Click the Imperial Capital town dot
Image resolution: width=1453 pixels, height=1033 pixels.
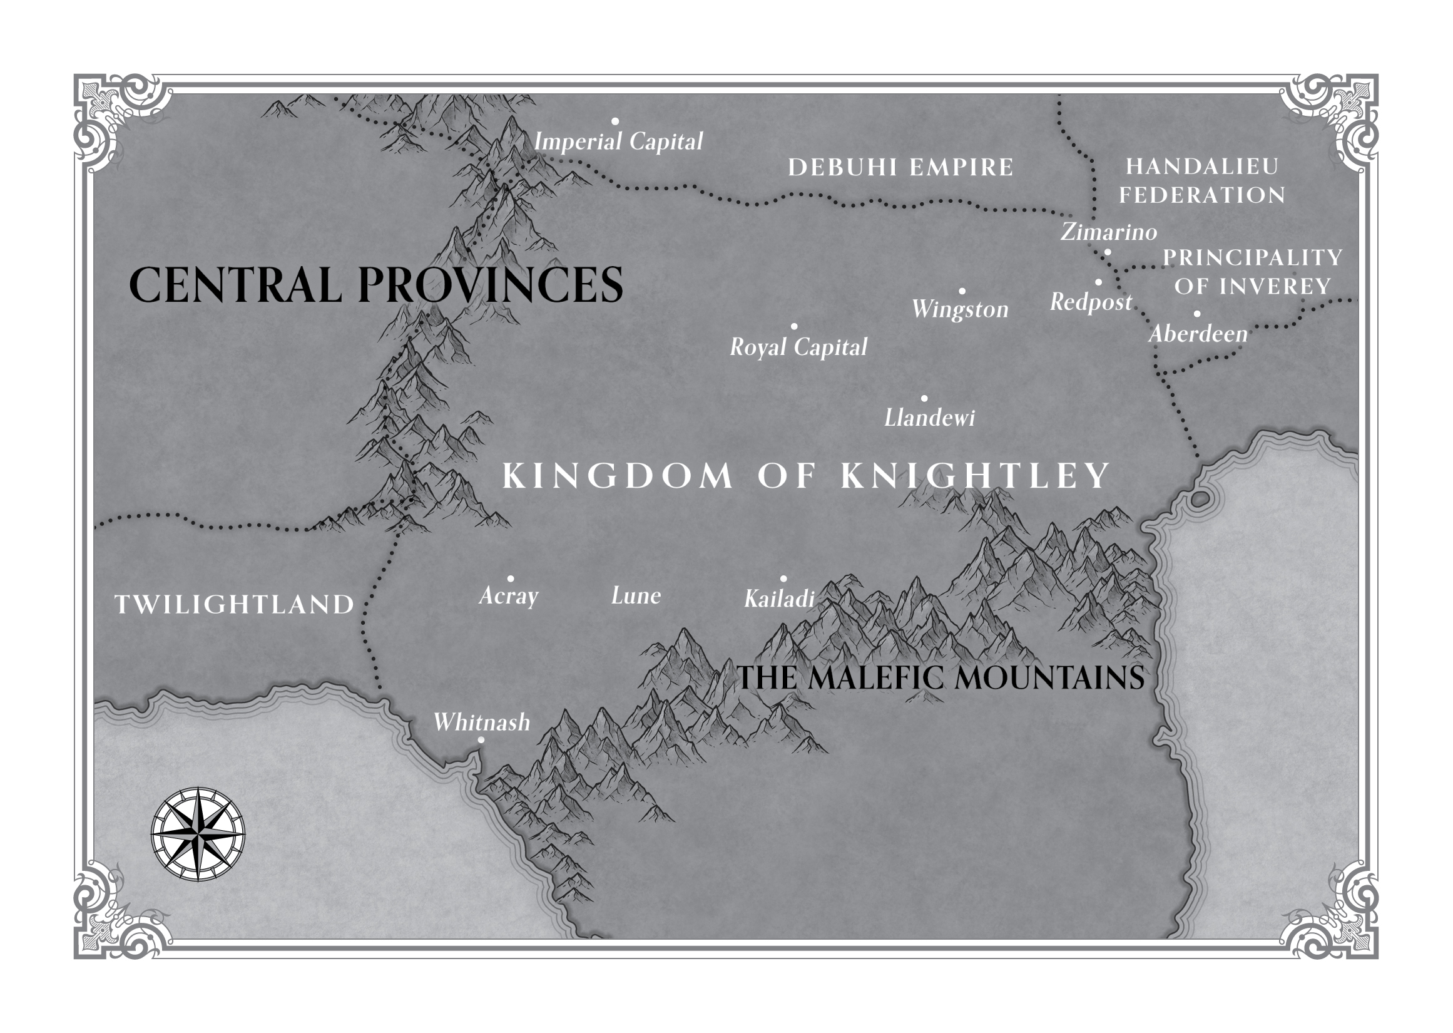(x=614, y=121)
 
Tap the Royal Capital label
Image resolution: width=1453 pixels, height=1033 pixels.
(x=798, y=347)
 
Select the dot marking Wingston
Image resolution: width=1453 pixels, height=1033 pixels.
(x=962, y=291)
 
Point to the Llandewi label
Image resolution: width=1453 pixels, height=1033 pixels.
(x=929, y=418)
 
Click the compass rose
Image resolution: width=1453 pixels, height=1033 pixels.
(x=198, y=834)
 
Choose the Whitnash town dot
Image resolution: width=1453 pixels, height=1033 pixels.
(x=481, y=740)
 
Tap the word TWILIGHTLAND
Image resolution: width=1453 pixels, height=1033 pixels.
(x=234, y=604)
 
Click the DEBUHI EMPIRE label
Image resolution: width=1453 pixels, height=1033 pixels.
(x=900, y=167)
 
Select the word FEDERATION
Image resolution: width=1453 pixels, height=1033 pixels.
(x=1201, y=195)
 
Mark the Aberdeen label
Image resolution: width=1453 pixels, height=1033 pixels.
(x=1198, y=334)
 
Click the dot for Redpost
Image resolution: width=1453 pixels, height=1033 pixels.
(x=1098, y=282)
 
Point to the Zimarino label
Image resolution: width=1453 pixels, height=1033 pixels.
(x=1108, y=232)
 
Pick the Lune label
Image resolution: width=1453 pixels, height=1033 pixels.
(x=636, y=595)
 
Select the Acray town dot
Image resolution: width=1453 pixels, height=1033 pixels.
(x=510, y=579)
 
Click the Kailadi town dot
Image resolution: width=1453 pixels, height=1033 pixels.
(x=783, y=579)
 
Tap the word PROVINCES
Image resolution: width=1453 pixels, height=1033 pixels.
(x=490, y=284)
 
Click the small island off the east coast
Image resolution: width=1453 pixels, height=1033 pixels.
(x=1199, y=500)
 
